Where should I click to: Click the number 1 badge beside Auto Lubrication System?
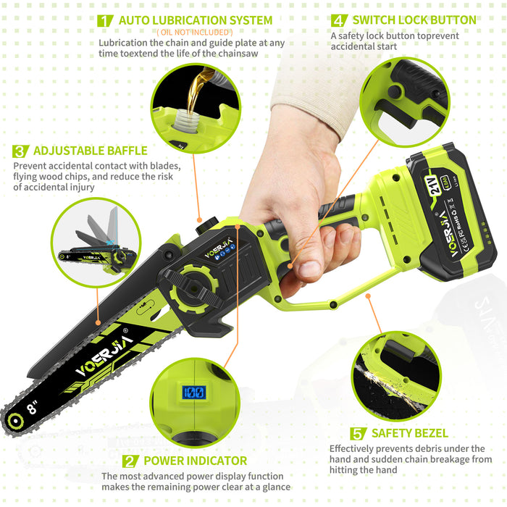[104, 20]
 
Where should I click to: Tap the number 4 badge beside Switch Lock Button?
[338, 20]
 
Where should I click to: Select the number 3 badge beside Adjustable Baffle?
[20, 151]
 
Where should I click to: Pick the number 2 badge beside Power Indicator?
[130, 461]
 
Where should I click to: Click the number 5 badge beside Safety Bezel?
[358, 434]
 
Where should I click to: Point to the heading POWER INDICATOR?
[195, 461]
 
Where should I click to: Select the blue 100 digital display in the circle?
[193, 393]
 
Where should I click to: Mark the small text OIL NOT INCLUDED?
[194, 33]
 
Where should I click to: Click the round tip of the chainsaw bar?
[12, 419]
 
